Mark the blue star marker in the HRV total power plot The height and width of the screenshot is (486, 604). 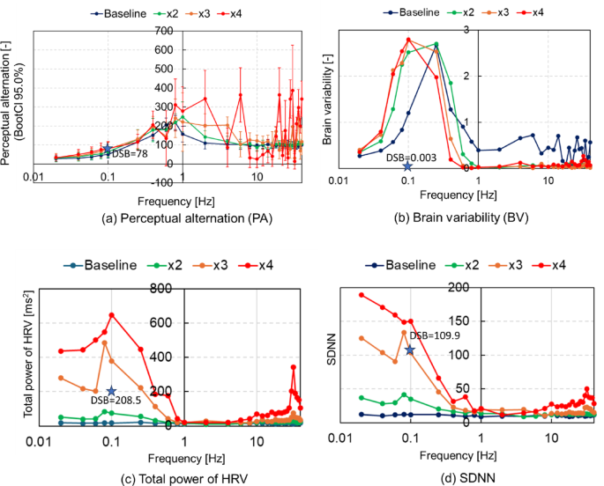(x=111, y=391)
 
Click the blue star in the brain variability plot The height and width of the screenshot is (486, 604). (x=407, y=166)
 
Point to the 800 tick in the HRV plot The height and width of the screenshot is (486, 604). (x=171, y=288)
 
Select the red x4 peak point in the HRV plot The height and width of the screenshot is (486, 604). (x=111, y=315)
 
